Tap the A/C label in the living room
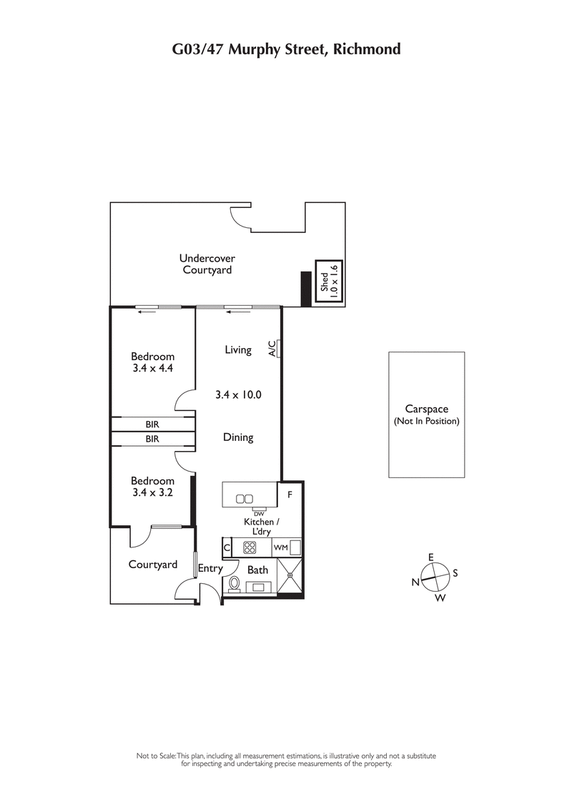272,348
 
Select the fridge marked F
290,494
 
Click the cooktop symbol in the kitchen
251,548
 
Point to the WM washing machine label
280,548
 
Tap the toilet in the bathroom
234,584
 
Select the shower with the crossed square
291,575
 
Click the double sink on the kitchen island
245,498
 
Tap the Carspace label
426,409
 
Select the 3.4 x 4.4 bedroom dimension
152,369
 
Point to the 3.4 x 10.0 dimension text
238,394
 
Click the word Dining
238,437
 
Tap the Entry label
211,569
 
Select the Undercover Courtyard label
207,264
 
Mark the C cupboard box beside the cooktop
227,548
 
